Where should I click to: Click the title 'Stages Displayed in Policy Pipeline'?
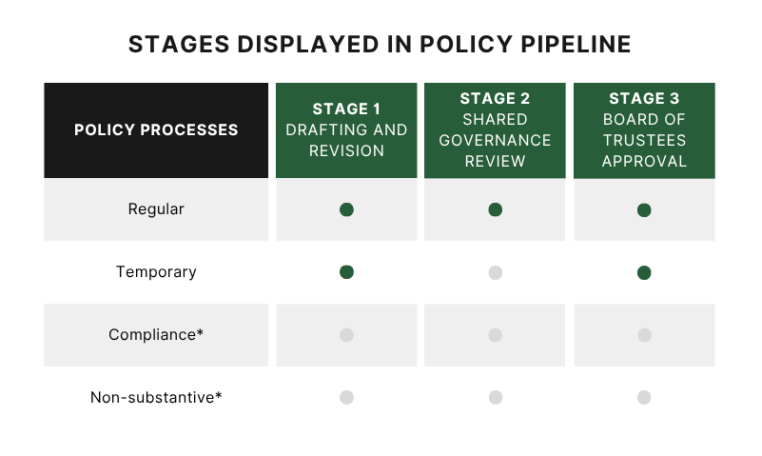point(380,45)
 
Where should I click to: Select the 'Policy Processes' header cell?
point(156,129)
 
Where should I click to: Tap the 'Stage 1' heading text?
point(346,109)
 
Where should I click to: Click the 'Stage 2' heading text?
point(495,98)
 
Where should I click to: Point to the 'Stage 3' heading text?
point(644,98)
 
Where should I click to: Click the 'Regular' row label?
point(156,208)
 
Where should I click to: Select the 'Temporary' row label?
point(156,271)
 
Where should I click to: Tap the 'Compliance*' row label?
point(156,334)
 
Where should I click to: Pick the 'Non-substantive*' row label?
point(156,397)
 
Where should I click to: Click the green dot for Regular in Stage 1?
point(346,209)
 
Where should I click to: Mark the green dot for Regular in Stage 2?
point(495,209)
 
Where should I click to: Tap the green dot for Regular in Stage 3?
point(644,209)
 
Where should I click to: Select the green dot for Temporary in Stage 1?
point(346,272)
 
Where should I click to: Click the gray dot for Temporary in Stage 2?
point(495,272)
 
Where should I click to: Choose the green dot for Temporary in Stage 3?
point(644,272)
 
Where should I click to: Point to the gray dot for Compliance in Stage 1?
point(346,335)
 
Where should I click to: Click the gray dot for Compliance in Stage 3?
point(644,335)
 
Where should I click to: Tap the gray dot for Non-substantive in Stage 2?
point(495,397)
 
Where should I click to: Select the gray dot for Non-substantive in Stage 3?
point(644,397)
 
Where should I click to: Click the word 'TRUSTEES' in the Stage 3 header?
point(644,140)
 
